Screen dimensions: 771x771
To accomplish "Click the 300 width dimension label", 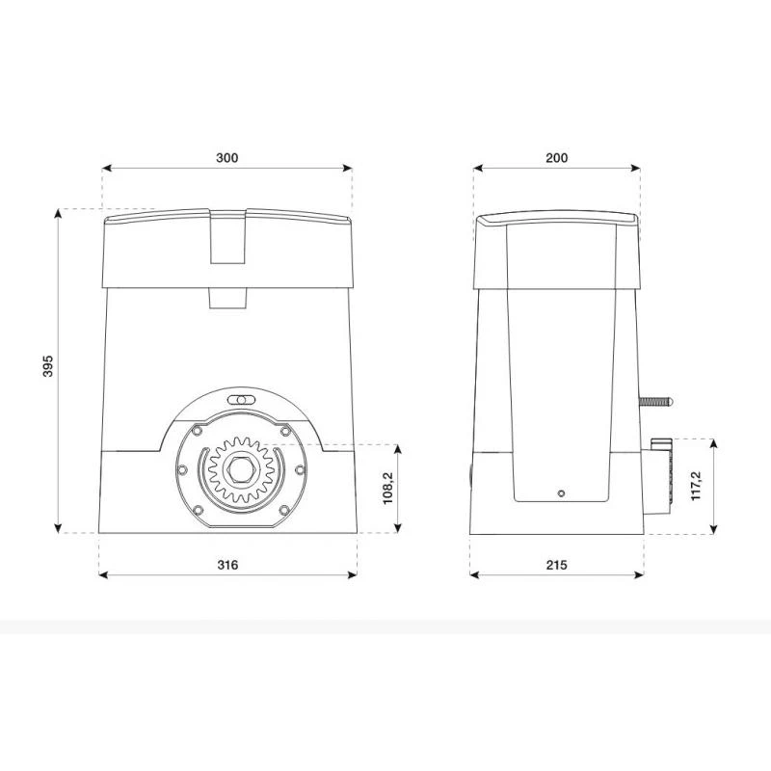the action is tap(226, 158).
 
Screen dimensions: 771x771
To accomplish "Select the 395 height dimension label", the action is tap(47, 366).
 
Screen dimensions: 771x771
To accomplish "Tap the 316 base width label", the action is tap(227, 565).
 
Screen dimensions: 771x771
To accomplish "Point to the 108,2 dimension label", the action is tap(388, 489).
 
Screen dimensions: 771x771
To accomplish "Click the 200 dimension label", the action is tap(557, 158).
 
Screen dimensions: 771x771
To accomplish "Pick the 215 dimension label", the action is tap(557, 565).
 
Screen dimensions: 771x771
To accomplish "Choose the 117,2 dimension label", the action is tap(696, 486).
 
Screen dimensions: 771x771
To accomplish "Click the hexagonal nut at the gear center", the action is tap(240, 469).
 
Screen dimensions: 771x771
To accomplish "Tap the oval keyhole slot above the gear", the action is tap(241, 400).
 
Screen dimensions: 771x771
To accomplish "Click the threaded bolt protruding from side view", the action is tap(655, 402).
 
